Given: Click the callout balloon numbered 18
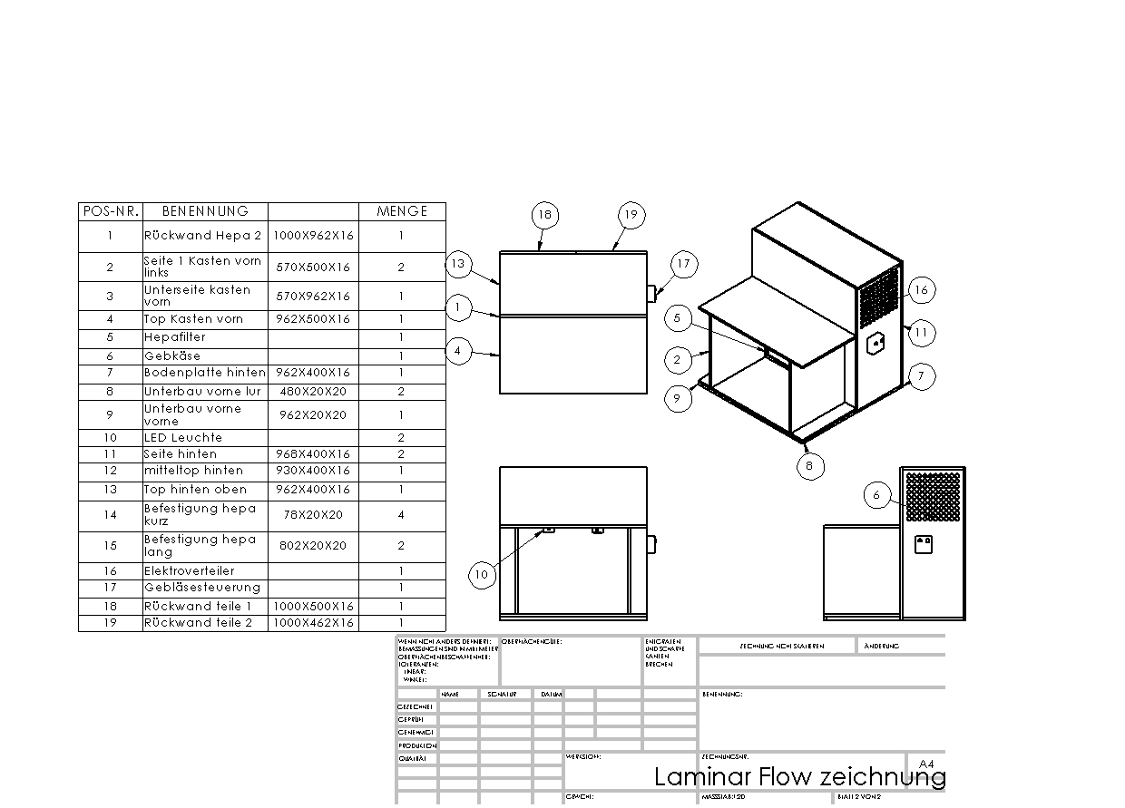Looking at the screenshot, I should click(x=544, y=215).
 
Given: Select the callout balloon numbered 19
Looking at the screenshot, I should click(x=631, y=215).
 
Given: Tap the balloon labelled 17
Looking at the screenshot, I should click(x=683, y=264).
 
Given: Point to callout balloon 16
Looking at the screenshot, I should click(x=921, y=289).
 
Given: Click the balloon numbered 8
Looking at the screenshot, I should click(x=809, y=466).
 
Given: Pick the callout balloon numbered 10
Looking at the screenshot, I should click(x=481, y=574).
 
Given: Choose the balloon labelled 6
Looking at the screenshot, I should click(x=876, y=495).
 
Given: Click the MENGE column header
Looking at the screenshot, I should click(x=402, y=211).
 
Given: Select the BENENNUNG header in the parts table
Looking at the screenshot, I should click(x=205, y=211).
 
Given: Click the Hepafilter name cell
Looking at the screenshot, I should click(x=175, y=337).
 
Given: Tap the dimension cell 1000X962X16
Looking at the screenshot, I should click(x=315, y=236).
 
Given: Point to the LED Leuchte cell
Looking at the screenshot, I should click(x=183, y=438).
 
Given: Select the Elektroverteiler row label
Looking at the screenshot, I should click(x=190, y=571).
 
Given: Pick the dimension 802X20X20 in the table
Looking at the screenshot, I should click(x=315, y=546).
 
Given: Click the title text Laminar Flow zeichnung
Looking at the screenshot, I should click(x=799, y=777).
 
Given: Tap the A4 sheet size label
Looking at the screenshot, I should click(x=926, y=764).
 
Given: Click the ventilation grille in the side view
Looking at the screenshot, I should click(x=933, y=496).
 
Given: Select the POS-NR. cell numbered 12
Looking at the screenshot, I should click(x=110, y=471).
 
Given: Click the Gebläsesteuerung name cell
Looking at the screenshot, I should click(x=202, y=588).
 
